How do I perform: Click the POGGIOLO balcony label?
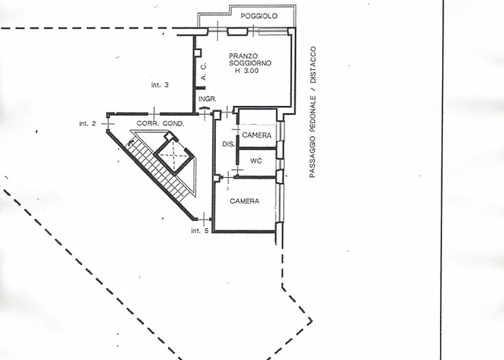(x=258, y=16)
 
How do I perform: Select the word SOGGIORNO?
(x=250, y=63)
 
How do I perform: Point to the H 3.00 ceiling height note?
(x=247, y=71)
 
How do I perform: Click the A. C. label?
(x=204, y=71)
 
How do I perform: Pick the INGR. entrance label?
(x=207, y=99)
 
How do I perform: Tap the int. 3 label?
(x=160, y=85)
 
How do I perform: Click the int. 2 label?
(x=87, y=123)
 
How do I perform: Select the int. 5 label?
(x=199, y=230)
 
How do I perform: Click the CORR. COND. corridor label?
(x=160, y=123)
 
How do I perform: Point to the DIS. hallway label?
(x=228, y=144)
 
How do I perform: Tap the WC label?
(x=256, y=161)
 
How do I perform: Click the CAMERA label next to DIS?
(x=256, y=135)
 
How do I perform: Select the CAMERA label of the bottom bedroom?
(x=245, y=201)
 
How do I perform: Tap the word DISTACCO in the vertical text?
(x=312, y=65)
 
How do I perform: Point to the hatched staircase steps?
(x=160, y=167)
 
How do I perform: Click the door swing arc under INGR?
(x=204, y=108)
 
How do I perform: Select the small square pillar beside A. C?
(x=197, y=53)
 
